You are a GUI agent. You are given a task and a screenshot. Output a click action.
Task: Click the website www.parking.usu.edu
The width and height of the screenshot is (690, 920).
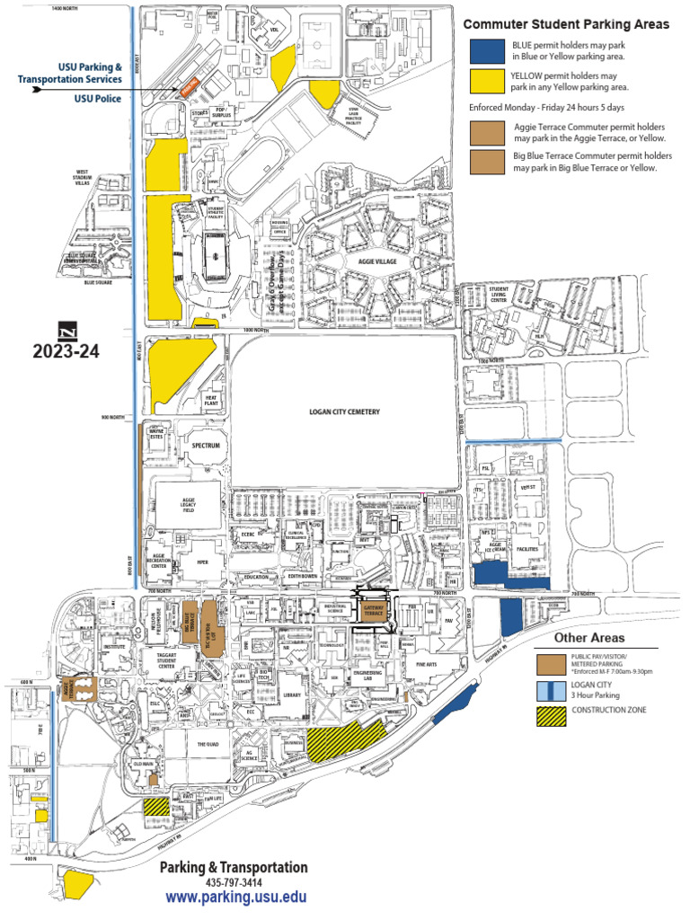(x=236, y=897)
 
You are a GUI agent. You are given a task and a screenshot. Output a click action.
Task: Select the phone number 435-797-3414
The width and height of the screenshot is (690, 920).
(x=234, y=882)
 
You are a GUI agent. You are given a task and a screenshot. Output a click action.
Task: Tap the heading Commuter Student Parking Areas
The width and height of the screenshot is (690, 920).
(x=565, y=24)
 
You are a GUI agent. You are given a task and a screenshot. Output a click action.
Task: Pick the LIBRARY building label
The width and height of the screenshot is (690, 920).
(x=290, y=694)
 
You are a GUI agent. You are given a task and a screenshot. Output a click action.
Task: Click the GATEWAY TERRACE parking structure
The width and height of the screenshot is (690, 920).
(x=373, y=611)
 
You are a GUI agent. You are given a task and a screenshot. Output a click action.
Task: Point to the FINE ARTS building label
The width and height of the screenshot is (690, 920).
(x=426, y=665)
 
